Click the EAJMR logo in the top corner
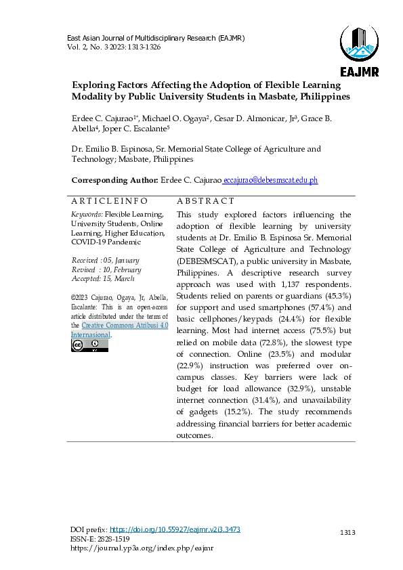pos(359,50)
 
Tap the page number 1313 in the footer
pos(347,533)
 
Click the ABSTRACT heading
pos(205,201)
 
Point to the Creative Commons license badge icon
pos(89,345)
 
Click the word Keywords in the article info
pos(87,214)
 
